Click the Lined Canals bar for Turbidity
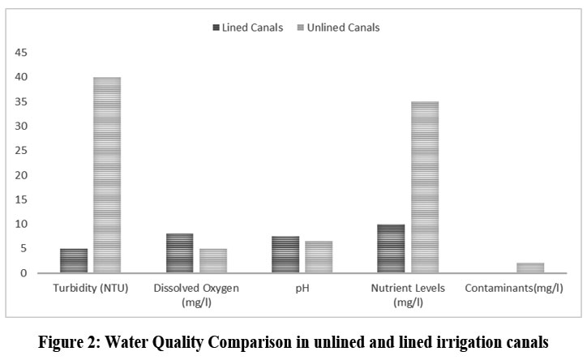coord(73,260)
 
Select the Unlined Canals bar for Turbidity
coord(107,175)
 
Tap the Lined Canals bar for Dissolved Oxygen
coord(179,253)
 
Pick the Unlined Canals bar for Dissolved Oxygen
coord(212,260)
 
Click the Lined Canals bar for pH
coord(285,255)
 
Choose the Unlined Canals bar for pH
coord(319,257)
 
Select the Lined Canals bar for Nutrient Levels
coord(391,248)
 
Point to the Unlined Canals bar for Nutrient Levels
coord(424,187)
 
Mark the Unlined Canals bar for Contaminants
coord(530,268)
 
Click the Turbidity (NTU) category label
coord(90,288)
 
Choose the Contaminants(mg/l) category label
coord(514,288)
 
